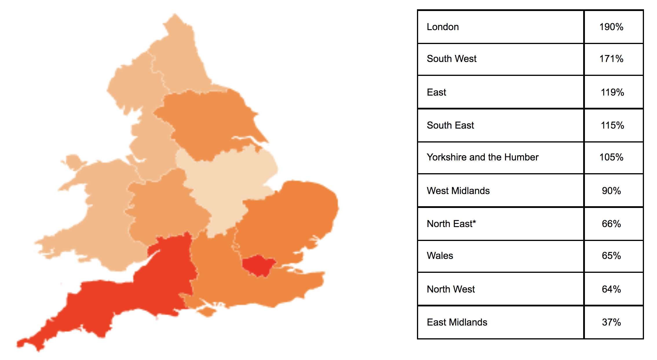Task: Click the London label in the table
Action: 442,27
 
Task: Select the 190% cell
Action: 611,27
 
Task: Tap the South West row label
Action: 451,59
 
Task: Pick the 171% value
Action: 611,59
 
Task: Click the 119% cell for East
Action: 612,92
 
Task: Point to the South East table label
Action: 450,125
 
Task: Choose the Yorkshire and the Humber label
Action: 482,157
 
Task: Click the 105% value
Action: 611,157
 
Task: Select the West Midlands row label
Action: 458,191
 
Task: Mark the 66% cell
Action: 611,224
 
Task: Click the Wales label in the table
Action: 440,256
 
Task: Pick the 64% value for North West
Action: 611,289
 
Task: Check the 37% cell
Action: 611,322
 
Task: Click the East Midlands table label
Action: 457,322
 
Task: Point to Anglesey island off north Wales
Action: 73,162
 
